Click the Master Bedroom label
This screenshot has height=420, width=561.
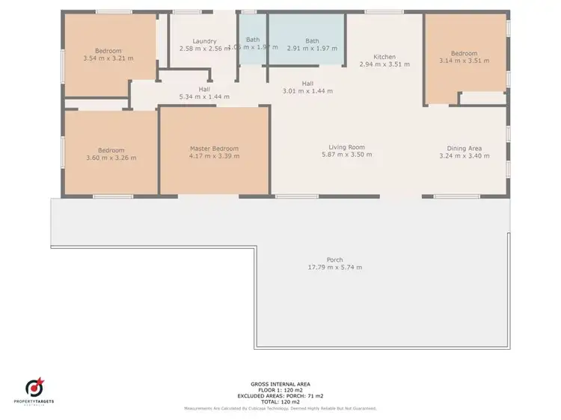click(214, 148)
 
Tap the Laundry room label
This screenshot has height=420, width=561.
click(204, 41)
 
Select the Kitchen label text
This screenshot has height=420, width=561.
click(384, 57)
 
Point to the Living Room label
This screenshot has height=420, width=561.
click(346, 147)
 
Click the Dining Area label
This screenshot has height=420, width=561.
click(464, 148)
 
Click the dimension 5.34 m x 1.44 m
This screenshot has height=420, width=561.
click(204, 96)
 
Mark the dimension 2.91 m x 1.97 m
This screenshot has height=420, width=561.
click(312, 49)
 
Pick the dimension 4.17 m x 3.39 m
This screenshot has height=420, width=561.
click(214, 156)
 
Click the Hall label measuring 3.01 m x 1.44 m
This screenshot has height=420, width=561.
click(307, 83)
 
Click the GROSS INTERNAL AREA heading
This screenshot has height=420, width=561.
click(280, 383)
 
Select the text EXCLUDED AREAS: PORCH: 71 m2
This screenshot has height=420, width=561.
click(280, 396)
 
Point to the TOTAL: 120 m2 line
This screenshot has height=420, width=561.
click(280, 402)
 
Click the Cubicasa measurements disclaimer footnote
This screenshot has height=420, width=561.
click(280, 409)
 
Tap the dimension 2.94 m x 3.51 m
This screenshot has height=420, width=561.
click(384, 65)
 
